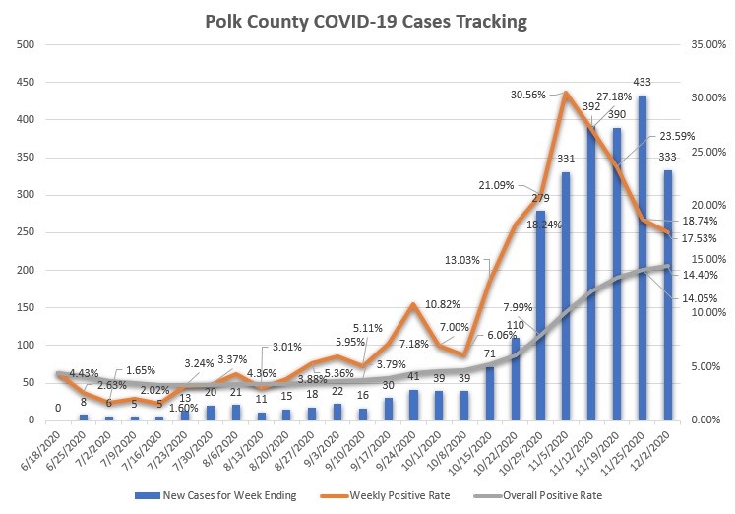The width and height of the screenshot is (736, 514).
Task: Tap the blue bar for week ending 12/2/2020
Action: pyautogui.click(x=668, y=295)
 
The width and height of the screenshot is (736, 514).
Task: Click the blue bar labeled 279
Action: pyautogui.click(x=540, y=315)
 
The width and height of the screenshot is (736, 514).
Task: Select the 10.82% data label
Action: pyautogui.click(x=438, y=305)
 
